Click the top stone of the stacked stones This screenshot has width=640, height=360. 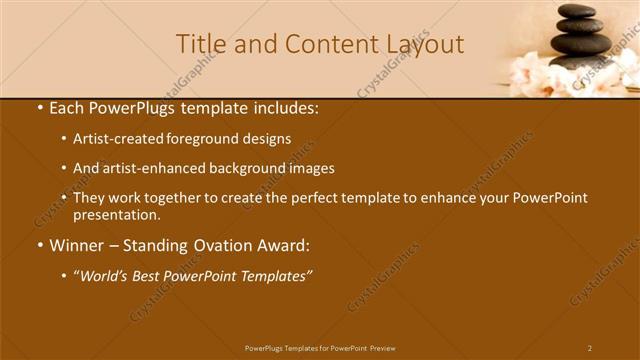click(577, 10)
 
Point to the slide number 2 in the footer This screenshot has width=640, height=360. click(590, 348)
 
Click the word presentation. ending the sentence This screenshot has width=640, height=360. click(117, 215)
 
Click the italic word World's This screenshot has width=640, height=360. click(108, 276)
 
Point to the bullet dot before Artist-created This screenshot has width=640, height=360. click(64, 139)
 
